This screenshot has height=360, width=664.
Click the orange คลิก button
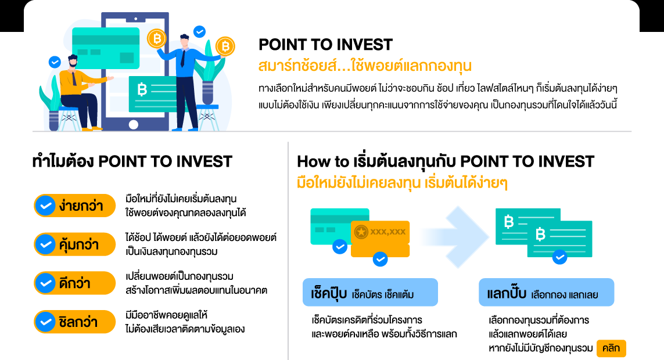611,348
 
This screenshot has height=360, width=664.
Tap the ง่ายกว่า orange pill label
75,205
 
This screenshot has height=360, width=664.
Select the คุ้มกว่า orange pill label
75,244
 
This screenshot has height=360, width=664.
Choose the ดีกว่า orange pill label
75,283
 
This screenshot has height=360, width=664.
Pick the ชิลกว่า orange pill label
75,322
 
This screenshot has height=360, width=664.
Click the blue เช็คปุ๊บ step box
370,294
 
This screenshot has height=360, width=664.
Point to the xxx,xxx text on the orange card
388,232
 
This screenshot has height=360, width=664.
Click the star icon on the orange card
361,232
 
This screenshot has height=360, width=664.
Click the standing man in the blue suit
186,81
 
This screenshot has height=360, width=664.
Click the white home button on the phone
134,124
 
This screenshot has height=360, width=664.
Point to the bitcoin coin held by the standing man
225,46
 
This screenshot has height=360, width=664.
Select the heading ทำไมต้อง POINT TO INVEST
132,161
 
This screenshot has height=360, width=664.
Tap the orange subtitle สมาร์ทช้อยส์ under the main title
365,64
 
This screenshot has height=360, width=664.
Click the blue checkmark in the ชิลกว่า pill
45,322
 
